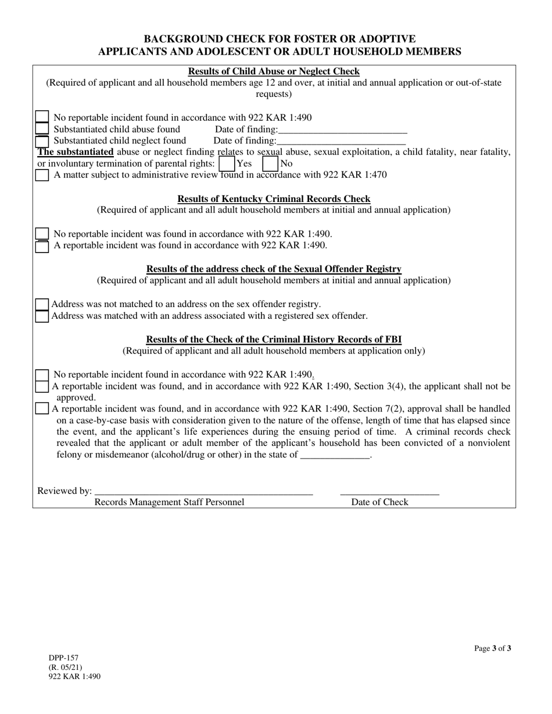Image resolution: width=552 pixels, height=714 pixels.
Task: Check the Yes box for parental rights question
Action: point(227,164)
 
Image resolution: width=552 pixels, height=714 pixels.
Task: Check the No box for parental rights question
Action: point(271,164)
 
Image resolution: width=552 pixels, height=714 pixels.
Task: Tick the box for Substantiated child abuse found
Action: point(42,129)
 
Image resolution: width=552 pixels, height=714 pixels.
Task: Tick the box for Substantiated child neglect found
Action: point(42,140)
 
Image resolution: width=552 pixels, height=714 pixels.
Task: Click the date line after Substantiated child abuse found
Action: point(342,130)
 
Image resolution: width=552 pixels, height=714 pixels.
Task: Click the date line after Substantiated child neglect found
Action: point(341,141)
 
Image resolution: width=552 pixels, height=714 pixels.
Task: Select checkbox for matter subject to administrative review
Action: point(42,175)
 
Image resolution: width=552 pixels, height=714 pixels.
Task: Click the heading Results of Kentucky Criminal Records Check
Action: point(274,199)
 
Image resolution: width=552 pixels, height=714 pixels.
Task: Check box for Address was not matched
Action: point(42,304)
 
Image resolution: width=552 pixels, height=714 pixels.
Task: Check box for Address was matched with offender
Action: point(42,316)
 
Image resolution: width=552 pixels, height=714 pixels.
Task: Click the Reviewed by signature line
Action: point(203,491)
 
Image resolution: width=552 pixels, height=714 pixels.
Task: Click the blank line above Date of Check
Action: point(389,491)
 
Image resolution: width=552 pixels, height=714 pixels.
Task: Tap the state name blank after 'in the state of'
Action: point(335,455)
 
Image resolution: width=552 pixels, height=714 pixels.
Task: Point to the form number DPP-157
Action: point(63,658)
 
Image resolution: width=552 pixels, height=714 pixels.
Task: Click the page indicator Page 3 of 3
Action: point(493,648)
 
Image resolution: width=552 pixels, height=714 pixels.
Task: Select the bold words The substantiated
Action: point(76,152)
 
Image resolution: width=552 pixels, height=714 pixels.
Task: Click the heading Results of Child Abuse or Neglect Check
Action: point(274,71)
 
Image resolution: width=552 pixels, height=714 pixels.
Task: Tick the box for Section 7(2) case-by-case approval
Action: point(42,409)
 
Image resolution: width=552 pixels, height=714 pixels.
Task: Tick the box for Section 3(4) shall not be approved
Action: point(42,386)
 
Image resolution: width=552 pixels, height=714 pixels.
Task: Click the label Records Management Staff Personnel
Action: point(169,502)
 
